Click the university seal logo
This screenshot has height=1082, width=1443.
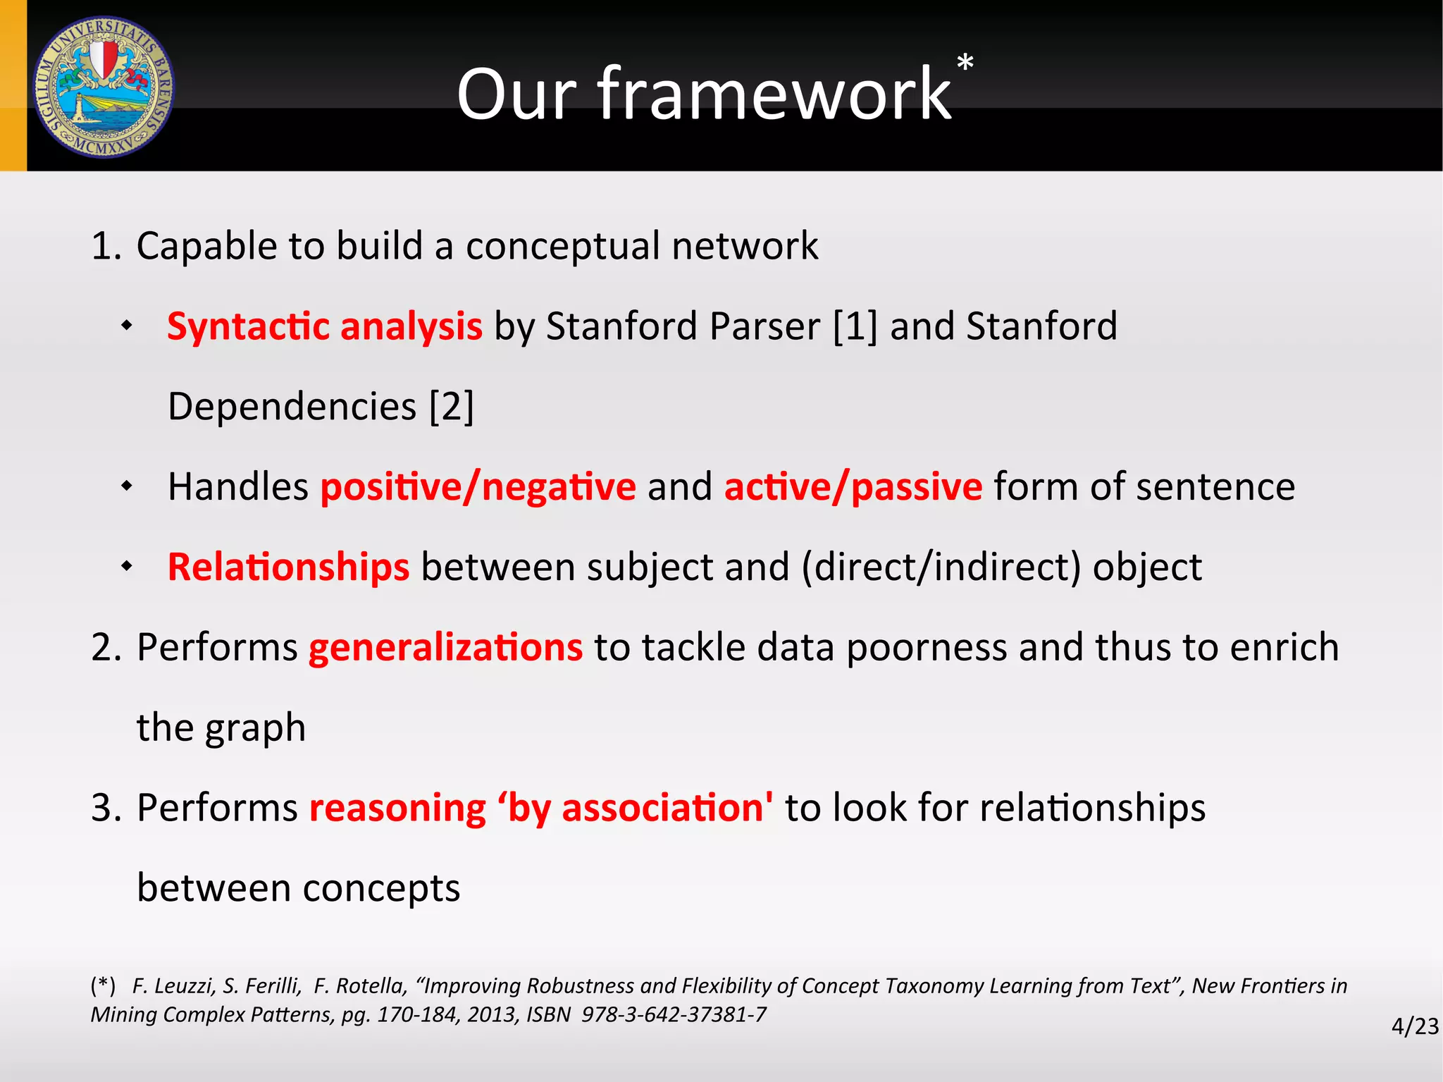pyautogui.click(x=104, y=87)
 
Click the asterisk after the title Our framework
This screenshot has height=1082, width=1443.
pyautogui.click(x=965, y=63)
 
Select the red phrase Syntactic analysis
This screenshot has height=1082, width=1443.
pyautogui.click(x=325, y=326)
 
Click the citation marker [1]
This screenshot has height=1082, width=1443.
pyautogui.click(x=855, y=326)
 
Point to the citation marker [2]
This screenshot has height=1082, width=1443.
pyautogui.click(x=452, y=407)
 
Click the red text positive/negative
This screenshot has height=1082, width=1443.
pyautogui.click(x=478, y=487)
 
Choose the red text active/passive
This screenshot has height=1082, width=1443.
pyautogui.click(x=853, y=487)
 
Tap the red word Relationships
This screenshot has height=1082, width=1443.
pyautogui.click(x=288, y=567)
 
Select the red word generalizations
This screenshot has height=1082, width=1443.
pyautogui.click(x=445, y=647)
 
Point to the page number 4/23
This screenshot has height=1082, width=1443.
pyautogui.click(x=1414, y=1026)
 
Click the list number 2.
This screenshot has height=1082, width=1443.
pyautogui.click(x=105, y=647)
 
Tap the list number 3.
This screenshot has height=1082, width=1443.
pyautogui.click(x=105, y=808)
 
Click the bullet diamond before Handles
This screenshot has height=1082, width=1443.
pyautogui.click(x=127, y=486)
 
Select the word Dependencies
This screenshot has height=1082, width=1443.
pyautogui.click(x=292, y=407)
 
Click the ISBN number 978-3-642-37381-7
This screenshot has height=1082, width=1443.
pyautogui.click(x=674, y=1014)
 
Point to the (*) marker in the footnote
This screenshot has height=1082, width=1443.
pyautogui.click(x=103, y=985)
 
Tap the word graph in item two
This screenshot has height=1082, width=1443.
pyautogui.click(x=255, y=729)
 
